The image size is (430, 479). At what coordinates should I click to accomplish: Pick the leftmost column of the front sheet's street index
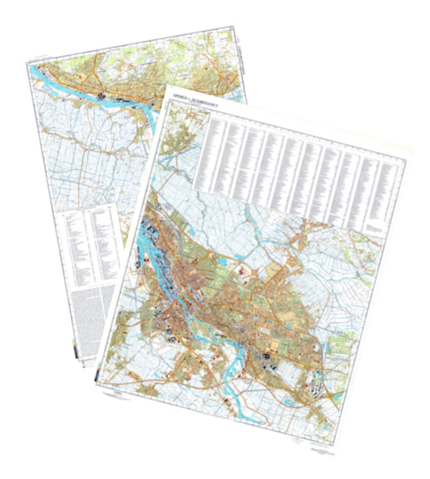point(215,153)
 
